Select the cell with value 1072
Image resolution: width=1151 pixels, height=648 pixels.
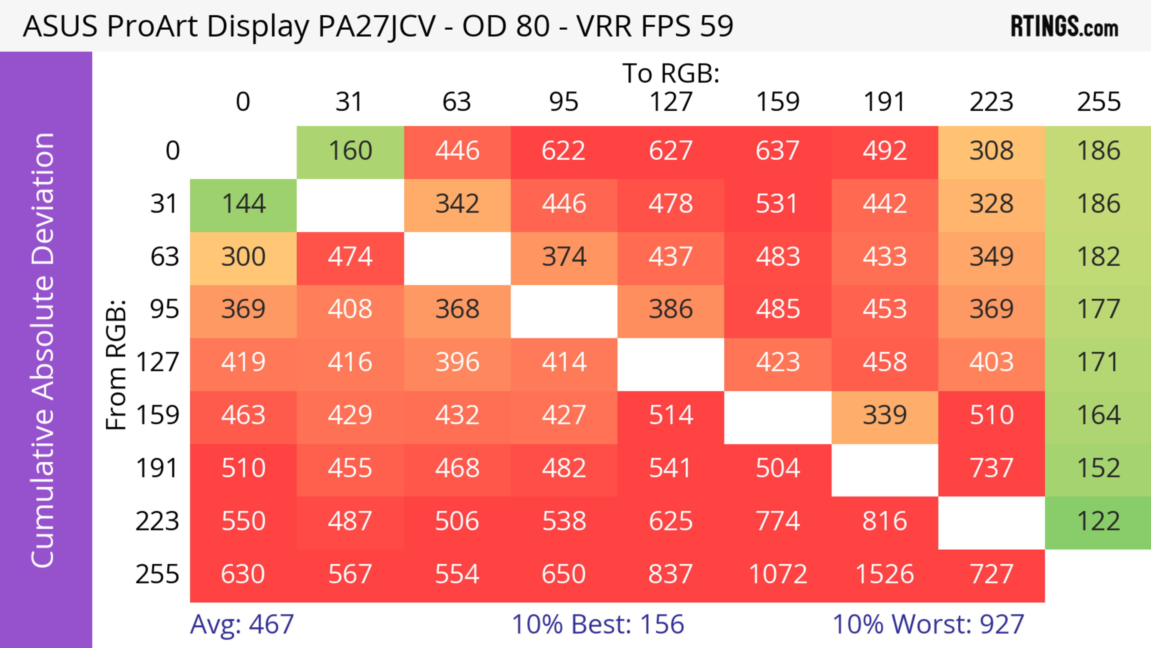point(778,574)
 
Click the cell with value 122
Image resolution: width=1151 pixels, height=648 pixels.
point(1098,521)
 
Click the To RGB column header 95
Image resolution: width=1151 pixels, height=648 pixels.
point(564,102)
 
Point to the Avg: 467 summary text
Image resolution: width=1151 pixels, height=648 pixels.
point(242,624)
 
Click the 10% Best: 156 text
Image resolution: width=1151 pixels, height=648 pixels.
point(598,624)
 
